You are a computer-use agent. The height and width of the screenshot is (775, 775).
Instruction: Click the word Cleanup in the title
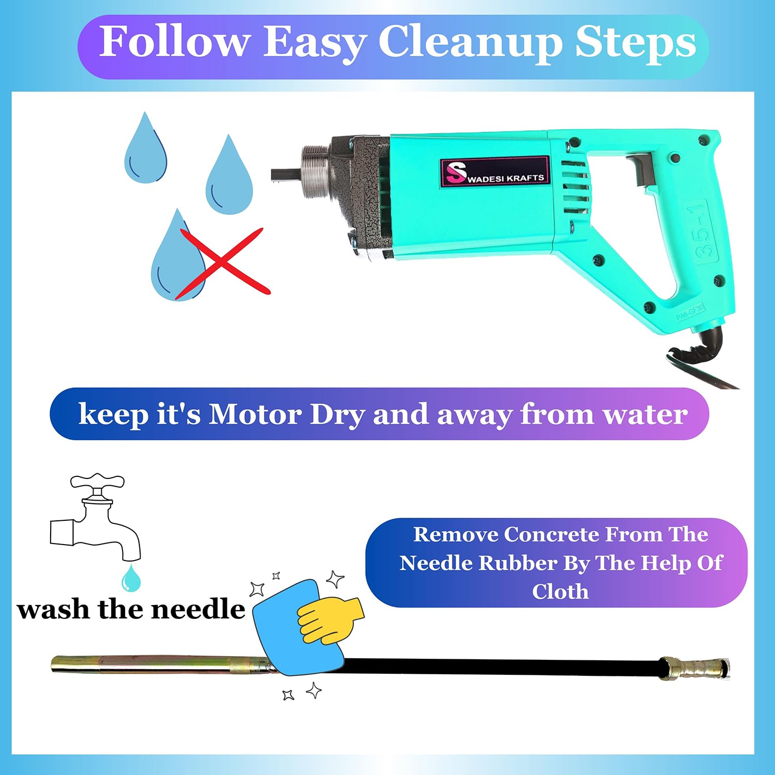coord(470,43)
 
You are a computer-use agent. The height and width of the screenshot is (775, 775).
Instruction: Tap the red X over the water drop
coord(223,263)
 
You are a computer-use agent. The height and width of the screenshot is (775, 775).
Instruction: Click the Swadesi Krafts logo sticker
coord(494,171)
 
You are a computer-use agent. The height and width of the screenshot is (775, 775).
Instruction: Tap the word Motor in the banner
coord(255,414)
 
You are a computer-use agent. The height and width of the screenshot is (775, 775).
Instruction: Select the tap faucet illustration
coord(96,517)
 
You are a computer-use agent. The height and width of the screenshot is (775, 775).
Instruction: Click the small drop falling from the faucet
coord(131,578)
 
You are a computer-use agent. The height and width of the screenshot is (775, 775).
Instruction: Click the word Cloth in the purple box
coord(561,591)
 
